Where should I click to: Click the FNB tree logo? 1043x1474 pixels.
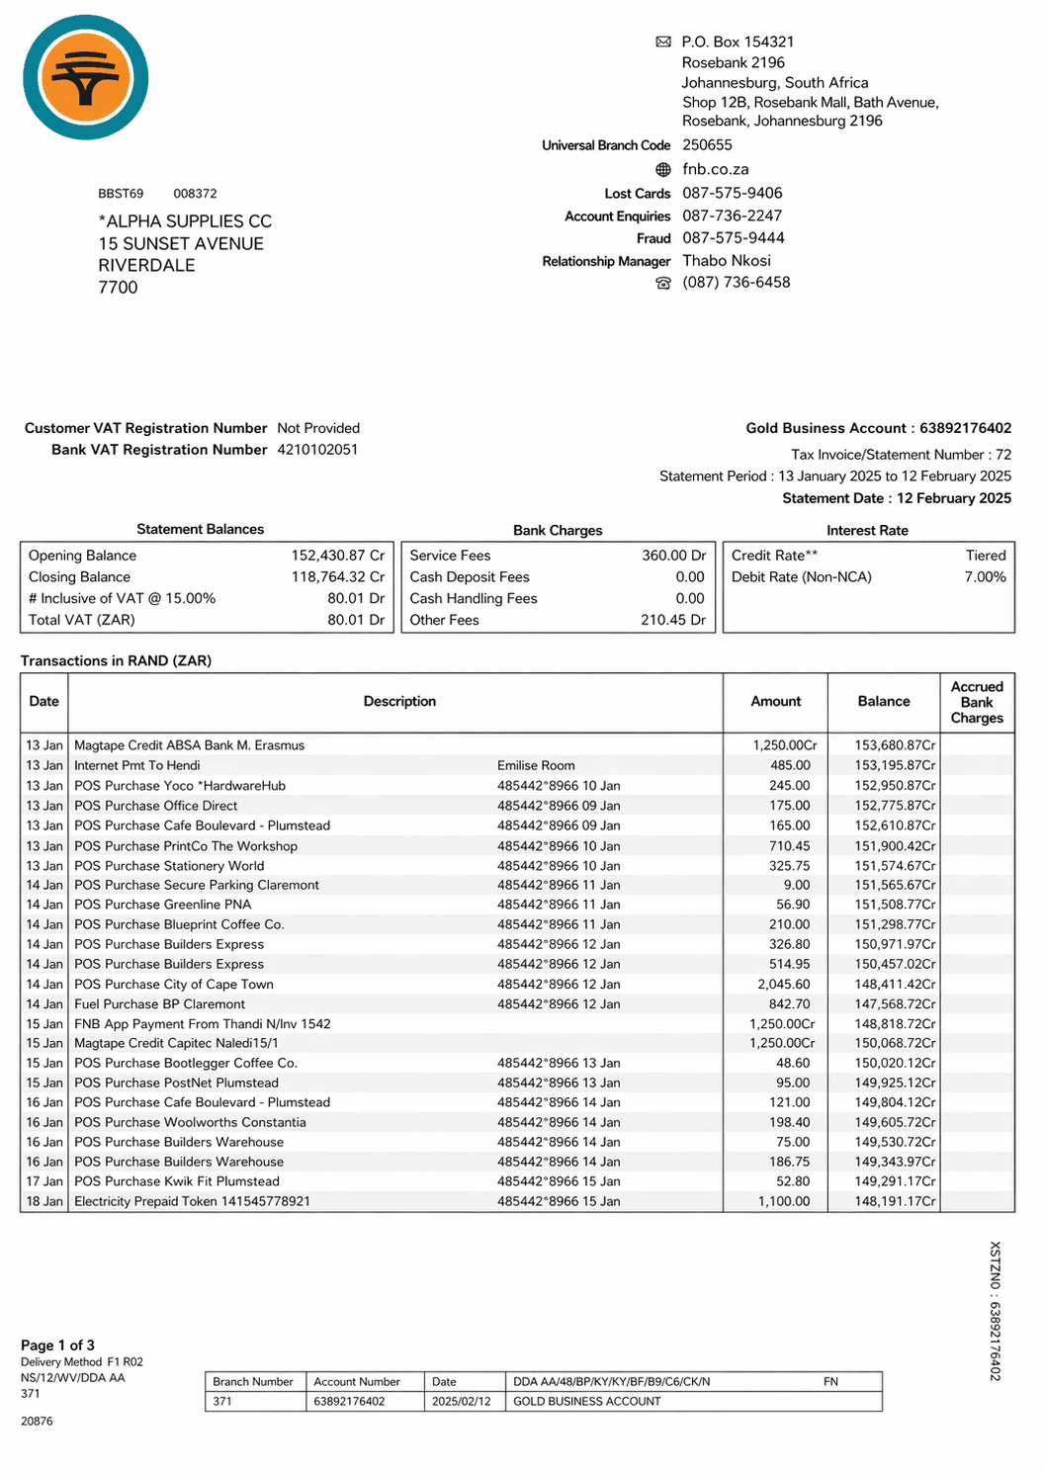pos(86,77)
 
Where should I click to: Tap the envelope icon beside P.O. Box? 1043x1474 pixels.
pos(663,42)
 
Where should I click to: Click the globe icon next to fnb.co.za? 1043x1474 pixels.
pos(663,170)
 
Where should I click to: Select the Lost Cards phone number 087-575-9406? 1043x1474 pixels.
pos(732,193)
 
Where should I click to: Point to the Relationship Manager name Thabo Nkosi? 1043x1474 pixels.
pos(726,261)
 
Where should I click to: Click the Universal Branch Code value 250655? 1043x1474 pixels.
pos(707,145)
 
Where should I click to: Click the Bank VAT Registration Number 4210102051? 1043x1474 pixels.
pos(317,450)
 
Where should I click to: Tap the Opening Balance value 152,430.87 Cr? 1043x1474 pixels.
pos(337,556)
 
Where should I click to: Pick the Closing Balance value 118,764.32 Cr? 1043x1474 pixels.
pos(337,577)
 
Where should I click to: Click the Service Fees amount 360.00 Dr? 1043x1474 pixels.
pos(673,556)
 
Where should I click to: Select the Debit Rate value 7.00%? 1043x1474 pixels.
pos(985,577)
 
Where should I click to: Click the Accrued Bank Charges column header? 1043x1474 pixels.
pos(976,702)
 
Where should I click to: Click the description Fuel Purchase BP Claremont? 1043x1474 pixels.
pos(159,1004)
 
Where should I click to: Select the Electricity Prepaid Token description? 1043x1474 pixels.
pos(192,1202)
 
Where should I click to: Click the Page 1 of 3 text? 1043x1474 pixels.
pos(57,1345)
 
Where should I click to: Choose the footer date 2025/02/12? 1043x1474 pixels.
pos(461,1402)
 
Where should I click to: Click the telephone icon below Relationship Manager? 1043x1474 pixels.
pos(663,284)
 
